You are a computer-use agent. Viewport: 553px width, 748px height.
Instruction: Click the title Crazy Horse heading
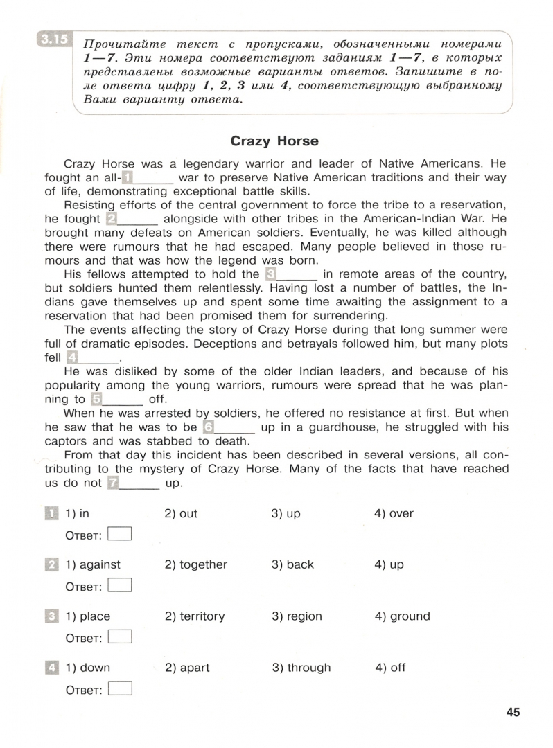tap(274, 141)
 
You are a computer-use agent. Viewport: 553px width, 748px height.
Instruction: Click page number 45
tap(513, 712)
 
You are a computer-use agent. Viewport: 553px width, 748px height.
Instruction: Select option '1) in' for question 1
tap(78, 514)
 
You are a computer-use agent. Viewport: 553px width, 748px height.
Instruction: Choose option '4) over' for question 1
tap(394, 514)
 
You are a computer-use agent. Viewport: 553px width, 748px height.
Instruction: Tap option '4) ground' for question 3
tap(402, 616)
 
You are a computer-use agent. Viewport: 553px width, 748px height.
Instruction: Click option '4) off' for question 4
tap(390, 668)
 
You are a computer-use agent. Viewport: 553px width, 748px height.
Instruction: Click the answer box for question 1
tap(120, 534)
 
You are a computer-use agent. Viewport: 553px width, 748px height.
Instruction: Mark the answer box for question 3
tap(120, 637)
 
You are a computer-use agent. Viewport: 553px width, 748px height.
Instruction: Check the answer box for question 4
tap(120, 688)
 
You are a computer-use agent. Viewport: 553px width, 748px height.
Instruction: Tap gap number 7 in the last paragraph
tap(114, 483)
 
